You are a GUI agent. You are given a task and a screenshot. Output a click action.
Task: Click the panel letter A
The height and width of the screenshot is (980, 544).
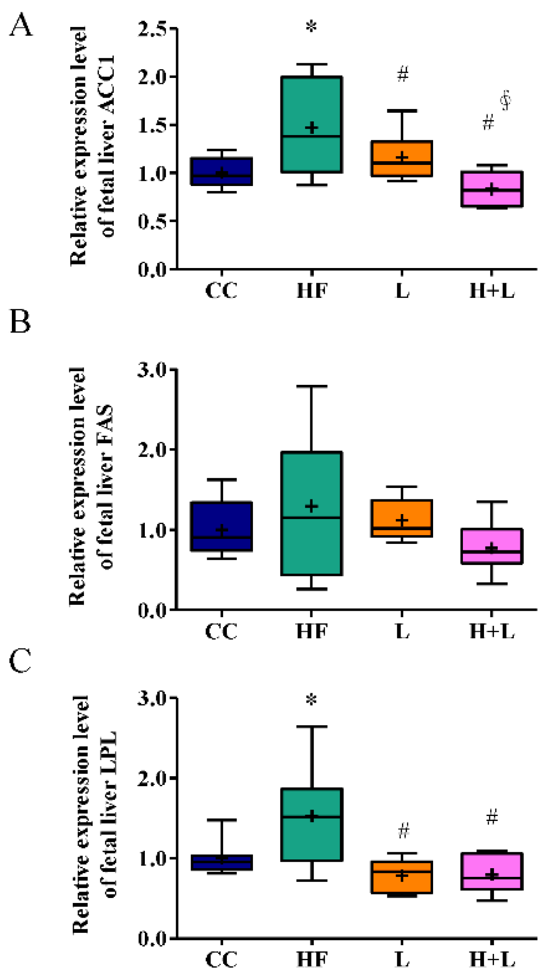(21, 25)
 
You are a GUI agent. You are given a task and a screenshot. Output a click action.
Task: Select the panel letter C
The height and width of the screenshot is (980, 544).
(20, 661)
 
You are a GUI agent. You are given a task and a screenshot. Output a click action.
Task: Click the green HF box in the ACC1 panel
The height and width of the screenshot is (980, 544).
(312, 105)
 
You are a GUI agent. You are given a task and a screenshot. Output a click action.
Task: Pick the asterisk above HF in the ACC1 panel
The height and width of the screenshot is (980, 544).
(311, 27)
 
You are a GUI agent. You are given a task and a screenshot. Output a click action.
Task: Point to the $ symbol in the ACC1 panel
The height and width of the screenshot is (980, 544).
(506, 100)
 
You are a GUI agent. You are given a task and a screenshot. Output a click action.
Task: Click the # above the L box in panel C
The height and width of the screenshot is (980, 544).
(403, 830)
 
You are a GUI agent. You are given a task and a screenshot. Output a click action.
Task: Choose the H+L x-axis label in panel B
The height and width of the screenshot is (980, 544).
(492, 631)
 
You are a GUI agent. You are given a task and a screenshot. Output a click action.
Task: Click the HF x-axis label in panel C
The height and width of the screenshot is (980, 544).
(312, 959)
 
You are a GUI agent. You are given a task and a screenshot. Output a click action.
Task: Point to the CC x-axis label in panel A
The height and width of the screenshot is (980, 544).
(221, 290)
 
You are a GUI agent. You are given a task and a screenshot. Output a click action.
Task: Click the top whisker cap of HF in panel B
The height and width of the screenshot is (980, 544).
(312, 386)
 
